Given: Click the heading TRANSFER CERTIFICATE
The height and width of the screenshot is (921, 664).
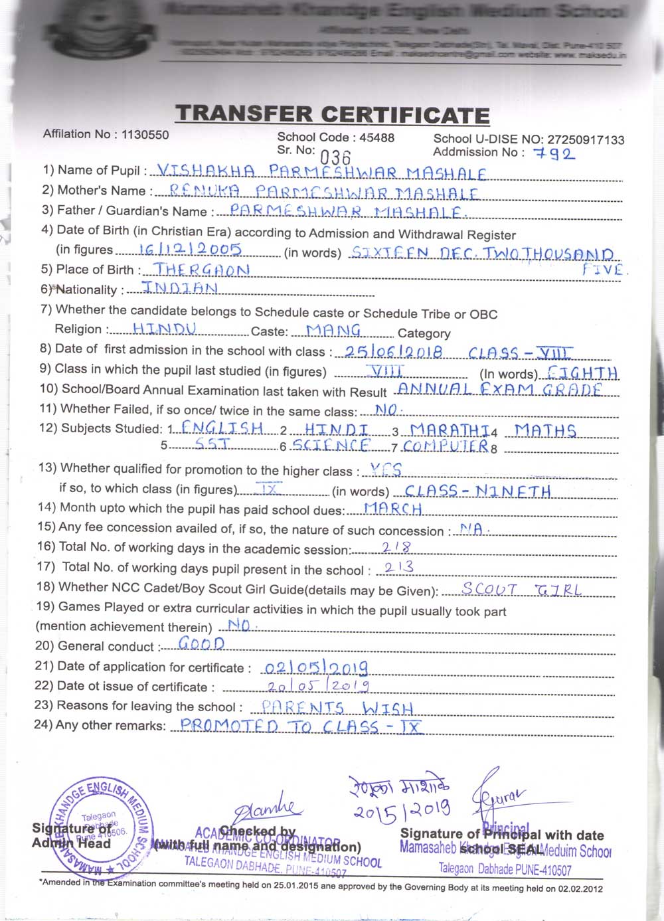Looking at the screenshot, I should coord(332,114).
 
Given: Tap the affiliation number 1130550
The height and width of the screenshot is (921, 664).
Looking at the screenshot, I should coord(145,134).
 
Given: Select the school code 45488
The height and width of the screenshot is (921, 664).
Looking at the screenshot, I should coord(376,137).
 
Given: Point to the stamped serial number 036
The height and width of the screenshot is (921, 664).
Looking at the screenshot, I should coord(335,157).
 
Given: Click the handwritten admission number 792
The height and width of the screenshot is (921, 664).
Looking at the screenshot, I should coord(558,154).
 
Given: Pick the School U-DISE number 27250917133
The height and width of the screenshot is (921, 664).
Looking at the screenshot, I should coord(586,139).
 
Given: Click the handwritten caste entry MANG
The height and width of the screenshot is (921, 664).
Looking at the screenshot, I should coord(334,329).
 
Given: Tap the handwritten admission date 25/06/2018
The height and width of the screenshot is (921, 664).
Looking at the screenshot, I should coord(394,352).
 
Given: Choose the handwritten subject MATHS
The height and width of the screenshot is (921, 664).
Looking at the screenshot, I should coord(545,430).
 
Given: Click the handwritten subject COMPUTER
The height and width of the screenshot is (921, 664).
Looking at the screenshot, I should coord(446,446).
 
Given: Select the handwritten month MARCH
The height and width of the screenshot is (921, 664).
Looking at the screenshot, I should coord(393,509).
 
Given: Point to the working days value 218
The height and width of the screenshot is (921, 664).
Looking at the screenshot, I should coord(397,547).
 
